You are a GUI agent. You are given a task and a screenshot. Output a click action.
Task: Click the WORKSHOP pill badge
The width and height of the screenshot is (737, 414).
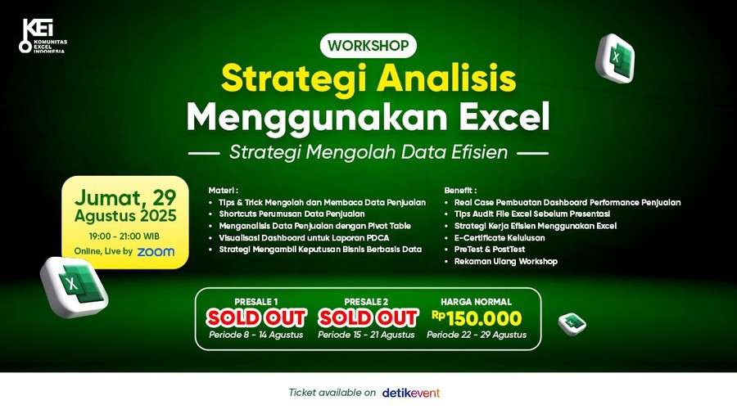point(368,46)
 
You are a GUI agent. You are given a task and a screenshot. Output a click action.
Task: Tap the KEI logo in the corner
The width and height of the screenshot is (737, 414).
point(43,36)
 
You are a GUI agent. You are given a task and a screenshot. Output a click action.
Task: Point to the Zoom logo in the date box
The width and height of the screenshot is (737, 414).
point(156,252)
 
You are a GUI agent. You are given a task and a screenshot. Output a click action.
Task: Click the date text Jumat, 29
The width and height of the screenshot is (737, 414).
point(125,198)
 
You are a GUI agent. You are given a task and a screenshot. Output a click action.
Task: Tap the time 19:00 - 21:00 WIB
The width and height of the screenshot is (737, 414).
point(124,236)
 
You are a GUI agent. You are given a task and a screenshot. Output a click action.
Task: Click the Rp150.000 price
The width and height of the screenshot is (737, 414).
point(477,318)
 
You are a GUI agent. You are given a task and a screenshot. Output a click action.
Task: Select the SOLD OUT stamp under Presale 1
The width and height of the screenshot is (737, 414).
point(256,317)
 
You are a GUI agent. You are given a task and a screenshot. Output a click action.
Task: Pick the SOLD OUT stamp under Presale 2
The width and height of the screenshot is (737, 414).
point(368,317)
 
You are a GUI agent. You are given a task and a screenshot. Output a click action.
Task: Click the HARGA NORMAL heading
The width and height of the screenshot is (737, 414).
point(476,302)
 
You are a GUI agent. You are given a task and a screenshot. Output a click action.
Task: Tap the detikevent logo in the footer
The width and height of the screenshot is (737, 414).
point(411,393)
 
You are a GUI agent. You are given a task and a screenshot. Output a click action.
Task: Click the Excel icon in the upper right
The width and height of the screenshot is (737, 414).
point(615,58)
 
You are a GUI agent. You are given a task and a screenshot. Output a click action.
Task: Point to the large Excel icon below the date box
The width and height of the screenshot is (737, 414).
point(75,286)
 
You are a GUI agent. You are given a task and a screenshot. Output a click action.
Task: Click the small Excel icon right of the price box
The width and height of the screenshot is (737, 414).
point(572,324)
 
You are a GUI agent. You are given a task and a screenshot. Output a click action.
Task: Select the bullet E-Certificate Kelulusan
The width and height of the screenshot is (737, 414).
point(500,238)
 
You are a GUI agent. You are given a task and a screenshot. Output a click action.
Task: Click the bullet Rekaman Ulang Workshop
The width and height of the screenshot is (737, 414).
point(506,262)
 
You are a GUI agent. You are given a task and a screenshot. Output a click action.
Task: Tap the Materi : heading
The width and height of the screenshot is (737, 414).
point(224,191)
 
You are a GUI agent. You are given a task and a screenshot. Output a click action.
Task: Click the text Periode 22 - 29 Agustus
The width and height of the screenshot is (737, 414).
point(477,335)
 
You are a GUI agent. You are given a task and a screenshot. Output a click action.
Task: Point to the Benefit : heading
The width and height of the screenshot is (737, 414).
point(460,191)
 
